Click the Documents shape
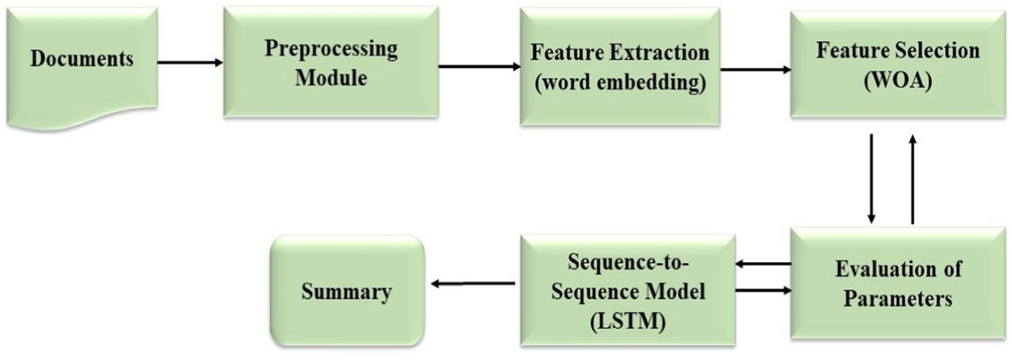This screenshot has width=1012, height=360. (x=83, y=67)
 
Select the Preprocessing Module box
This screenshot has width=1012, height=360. (x=331, y=62)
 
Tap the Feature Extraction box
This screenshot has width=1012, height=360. (x=620, y=67)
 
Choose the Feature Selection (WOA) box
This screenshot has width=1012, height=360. (x=898, y=65)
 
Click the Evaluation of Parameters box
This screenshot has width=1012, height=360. (x=898, y=283)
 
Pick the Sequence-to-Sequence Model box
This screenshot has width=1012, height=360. (x=628, y=290)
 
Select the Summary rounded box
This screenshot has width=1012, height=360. (x=347, y=291)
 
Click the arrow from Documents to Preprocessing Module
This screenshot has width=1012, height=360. (x=191, y=62)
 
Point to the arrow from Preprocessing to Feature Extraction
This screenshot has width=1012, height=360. (x=480, y=67)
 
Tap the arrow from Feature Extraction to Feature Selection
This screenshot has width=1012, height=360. (x=756, y=70)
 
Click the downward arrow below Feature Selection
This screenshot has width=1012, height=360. (x=871, y=179)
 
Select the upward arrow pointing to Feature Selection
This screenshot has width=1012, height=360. (x=912, y=179)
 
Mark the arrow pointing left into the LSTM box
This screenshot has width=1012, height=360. (x=763, y=264)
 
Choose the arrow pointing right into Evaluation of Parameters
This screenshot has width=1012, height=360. (x=763, y=290)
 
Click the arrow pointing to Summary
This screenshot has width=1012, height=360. (x=472, y=283)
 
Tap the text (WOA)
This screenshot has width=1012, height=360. (x=898, y=82)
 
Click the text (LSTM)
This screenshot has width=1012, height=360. (x=628, y=322)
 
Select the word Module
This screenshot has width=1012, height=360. (x=331, y=78)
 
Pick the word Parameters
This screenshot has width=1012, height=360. (x=898, y=298)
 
